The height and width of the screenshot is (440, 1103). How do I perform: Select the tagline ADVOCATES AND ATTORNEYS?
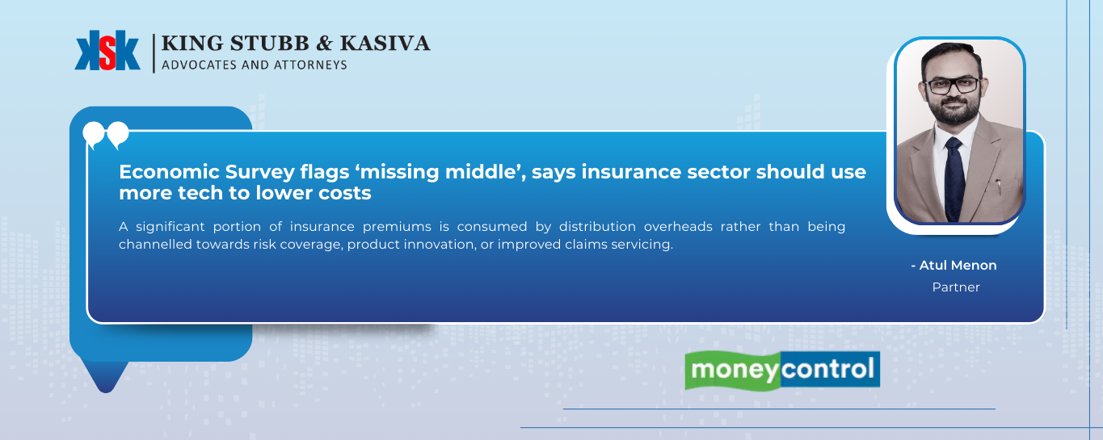point(254,65)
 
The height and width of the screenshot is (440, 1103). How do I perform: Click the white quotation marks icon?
point(106,135)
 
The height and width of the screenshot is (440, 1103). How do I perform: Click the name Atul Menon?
point(956,266)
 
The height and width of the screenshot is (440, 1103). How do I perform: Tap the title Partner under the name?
point(956,287)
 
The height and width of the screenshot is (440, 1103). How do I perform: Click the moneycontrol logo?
point(781,371)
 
